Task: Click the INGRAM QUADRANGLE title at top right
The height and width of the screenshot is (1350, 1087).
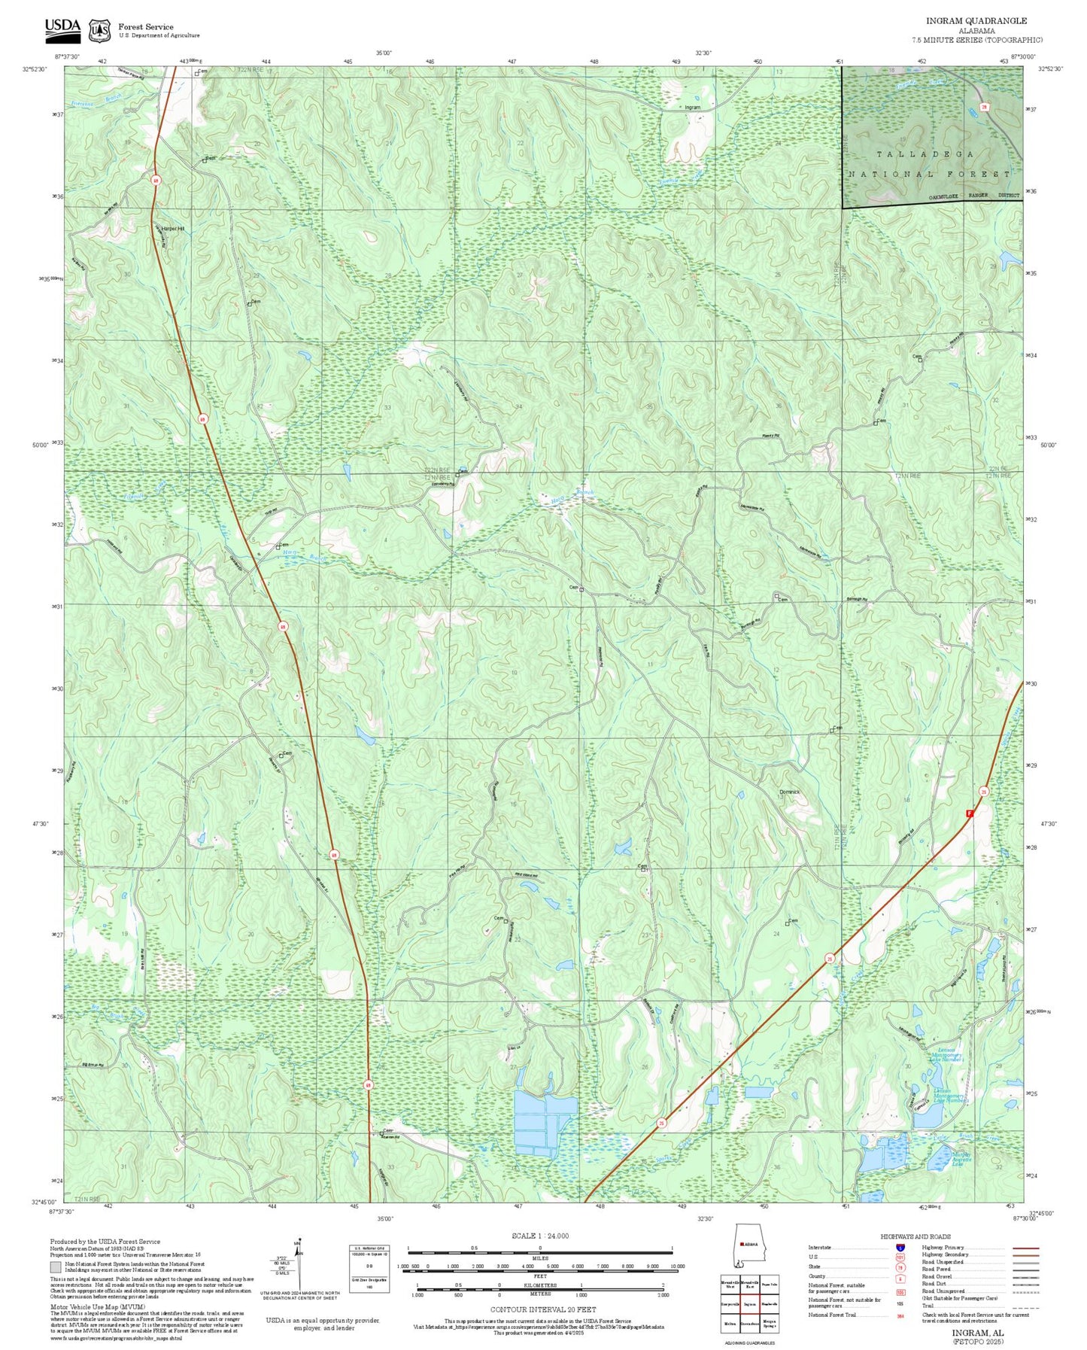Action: click(x=976, y=20)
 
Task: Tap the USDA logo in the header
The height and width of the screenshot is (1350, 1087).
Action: click(x=62, y=28)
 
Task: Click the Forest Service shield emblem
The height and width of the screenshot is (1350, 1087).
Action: click(x=99, y=30)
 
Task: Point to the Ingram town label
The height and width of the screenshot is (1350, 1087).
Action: click(x=692, y=108)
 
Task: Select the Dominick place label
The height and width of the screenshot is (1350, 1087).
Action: click(x=789, y=792)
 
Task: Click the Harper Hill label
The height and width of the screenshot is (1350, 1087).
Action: click(x=170, y=228)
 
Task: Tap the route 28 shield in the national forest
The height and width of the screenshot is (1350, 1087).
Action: click(x=983, y=108)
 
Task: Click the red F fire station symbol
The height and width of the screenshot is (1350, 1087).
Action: click(x=970, y=813)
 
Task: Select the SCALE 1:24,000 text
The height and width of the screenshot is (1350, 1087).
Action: click(x=540, y=1236)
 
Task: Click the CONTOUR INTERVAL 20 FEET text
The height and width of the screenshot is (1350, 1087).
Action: click(x=542, y=1309)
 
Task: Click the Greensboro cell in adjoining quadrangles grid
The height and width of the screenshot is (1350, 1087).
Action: click(x=748, y=1323)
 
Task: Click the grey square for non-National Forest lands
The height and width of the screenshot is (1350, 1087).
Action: click(x=56, y=1268)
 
